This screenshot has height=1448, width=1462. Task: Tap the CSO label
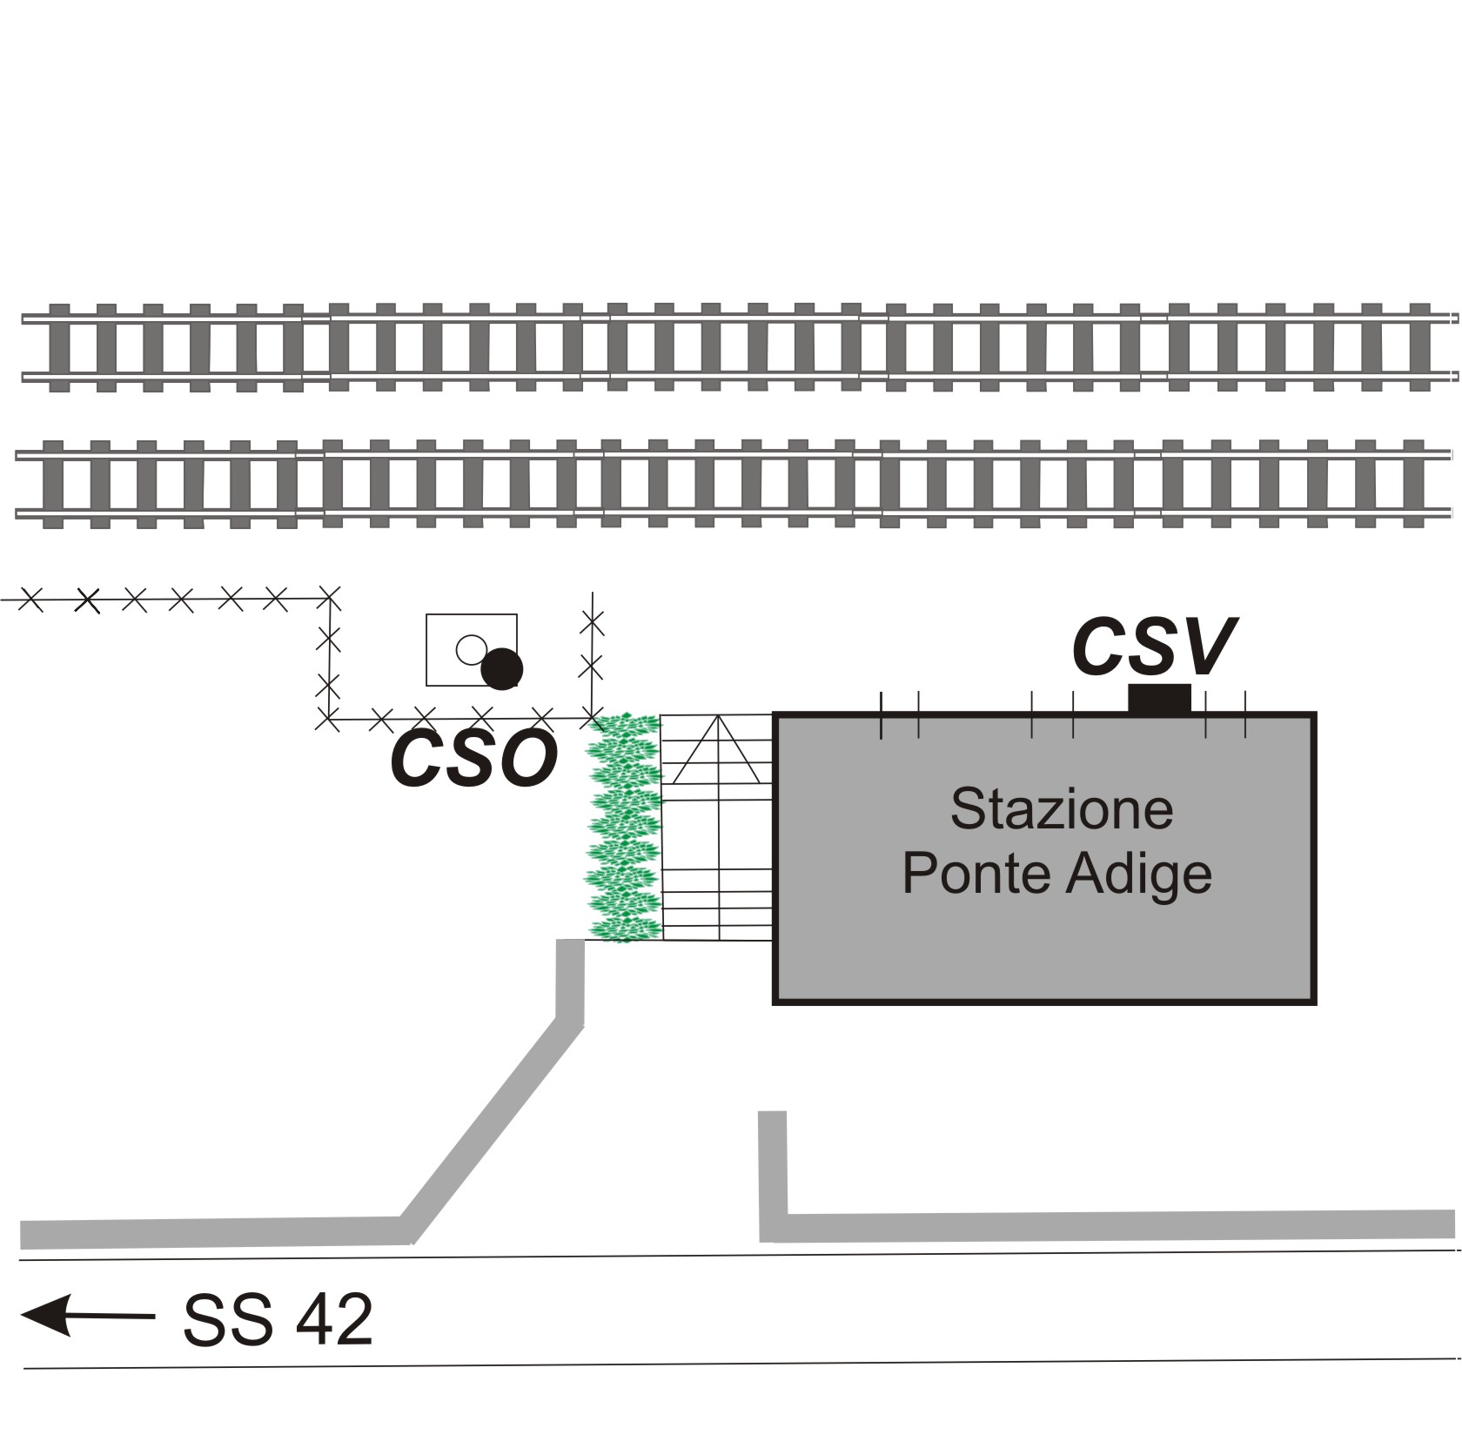point(474,758)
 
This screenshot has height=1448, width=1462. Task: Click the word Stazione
point(1061,808)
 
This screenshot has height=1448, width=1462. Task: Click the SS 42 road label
point(278,1320)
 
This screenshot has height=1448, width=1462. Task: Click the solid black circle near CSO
point(502,669)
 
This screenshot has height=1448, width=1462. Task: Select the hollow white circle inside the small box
point(471,649)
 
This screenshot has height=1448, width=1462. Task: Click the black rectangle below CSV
point(1159,699)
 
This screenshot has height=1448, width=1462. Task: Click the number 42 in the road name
point(334,1320)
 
